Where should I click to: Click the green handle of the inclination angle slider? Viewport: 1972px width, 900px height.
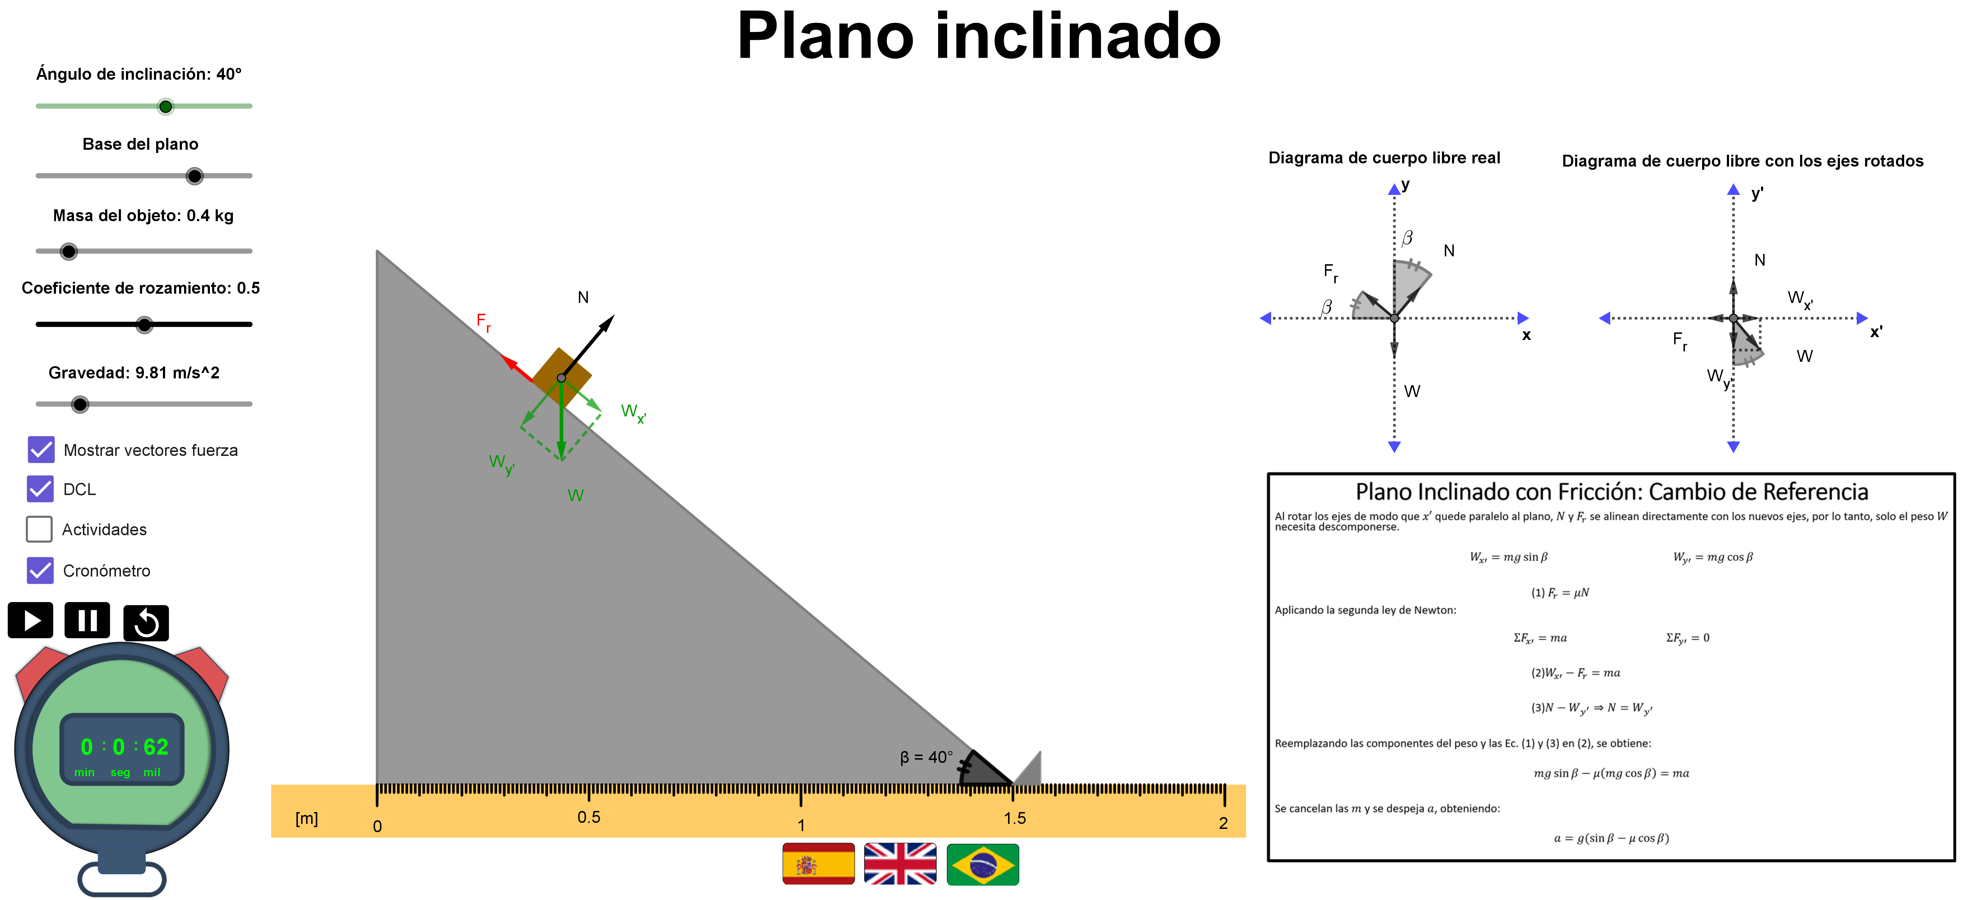click(x=165, y=107)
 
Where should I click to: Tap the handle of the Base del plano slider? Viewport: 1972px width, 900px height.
click(x=195, y=176)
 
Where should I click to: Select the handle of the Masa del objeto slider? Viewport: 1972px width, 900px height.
click(x=69, y=251)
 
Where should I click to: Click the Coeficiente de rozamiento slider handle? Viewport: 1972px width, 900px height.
click(x=144, y=325)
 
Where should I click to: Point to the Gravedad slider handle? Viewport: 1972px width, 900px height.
click(x=80, y=405)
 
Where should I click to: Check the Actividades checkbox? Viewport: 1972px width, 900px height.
click(x=39, y=529)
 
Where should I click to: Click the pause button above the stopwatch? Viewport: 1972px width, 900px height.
click(x=87, y=620)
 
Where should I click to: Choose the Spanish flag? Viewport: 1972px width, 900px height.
click(x=818, y=864)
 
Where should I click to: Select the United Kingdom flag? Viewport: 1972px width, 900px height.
click(x=900, y=864)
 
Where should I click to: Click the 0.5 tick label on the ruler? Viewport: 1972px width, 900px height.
click(x=589, y=817)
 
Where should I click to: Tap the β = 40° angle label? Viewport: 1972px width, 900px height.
click(x=926, y=757)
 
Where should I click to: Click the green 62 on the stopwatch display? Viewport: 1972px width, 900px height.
click(x=156, y=747)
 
